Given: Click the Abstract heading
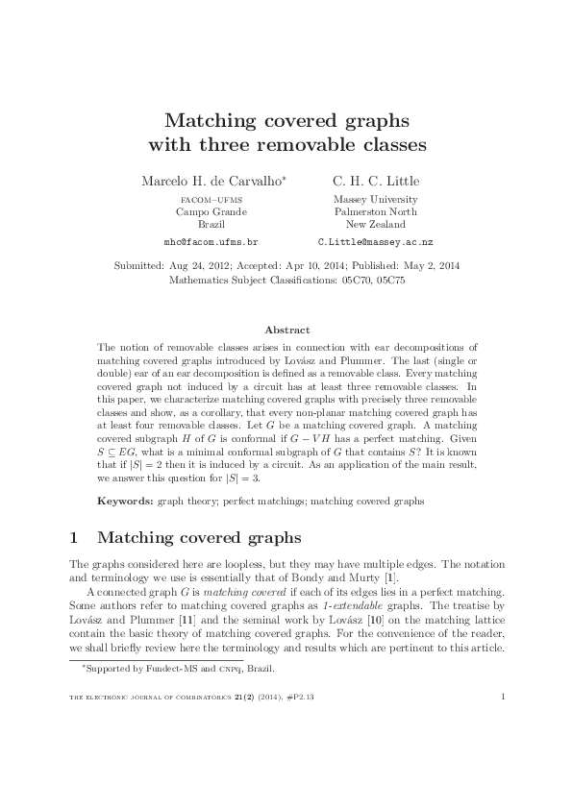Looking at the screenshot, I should [x=286, y=330].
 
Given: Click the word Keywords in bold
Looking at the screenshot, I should [x=126, y=502].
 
